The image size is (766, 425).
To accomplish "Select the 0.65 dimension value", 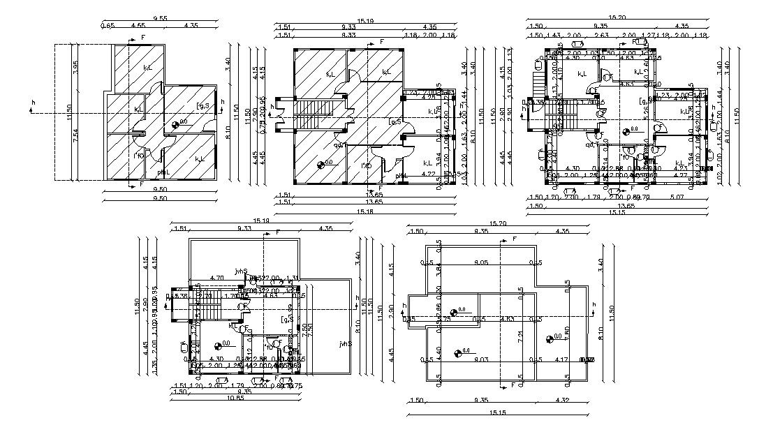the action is pyautogui.click(x=108, y=26).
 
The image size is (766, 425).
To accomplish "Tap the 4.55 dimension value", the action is pyautogui.click(x=138, y=26).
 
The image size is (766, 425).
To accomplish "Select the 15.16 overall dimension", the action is pyautogui.click(x=364, y=210).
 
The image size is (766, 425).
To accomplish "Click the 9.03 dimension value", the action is pyautogui.click(x=480, y=360).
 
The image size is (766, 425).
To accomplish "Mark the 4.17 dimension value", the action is pyautogui.click(x=560, y=360).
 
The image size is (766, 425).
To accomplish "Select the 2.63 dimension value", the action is pyautogui.click(x=601, y=35).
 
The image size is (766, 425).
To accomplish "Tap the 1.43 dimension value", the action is pyautogui.click(x=553, y=35).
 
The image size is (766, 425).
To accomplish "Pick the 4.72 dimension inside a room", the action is pyautogui.click(x=429, y=174).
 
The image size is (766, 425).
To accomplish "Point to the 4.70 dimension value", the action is pyautogui.click(x=216, y=278).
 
